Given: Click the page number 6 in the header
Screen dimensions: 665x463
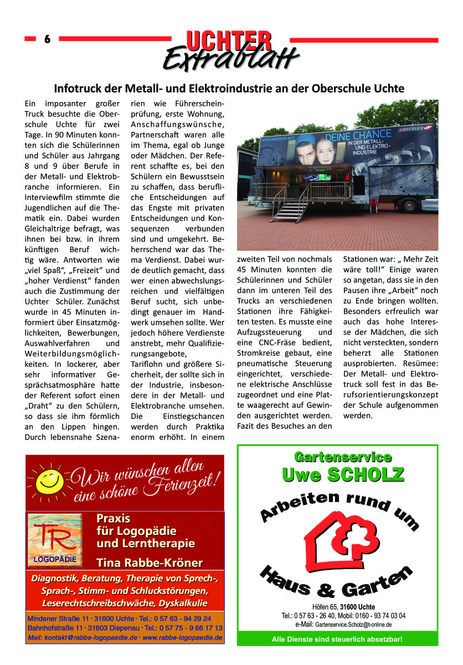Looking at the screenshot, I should click(x=47, y=39).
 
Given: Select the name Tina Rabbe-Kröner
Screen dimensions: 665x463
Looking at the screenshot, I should click(x=149, y=563).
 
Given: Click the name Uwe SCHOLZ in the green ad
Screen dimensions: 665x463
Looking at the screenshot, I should click(x=343, y=475).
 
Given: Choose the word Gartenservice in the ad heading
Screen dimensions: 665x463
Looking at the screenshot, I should click(x=343, y=457).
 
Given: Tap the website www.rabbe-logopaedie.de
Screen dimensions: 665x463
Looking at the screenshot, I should click(x=183, y=638).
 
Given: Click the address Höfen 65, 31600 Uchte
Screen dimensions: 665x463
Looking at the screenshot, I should click(x=343, y=607).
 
